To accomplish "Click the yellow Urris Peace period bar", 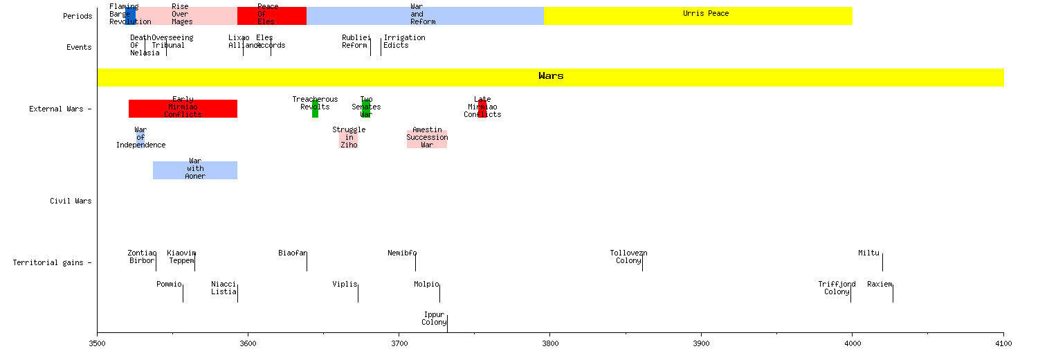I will pyautogui.click(x=698, y=16).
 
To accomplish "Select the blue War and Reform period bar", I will pyautogui.click(x=425, y=16).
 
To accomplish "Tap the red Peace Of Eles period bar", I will pyautogui.click(x=271, y=16).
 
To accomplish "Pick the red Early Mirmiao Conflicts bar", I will pyautogui.click(x=183, y=109).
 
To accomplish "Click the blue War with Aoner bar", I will pyautogui.click(x=195, y=170).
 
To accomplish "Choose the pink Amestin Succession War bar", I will pyautogui.click(x=427, y=138).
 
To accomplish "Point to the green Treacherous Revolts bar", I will pyautogui.click(x=315, y=109).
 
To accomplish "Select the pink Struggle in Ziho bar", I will pyautogui.click(x=349, y=138).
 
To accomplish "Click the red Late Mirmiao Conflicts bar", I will pyautogui.click(x=482, y=109).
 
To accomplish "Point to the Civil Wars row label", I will pyautogui.click(x=71, y=201).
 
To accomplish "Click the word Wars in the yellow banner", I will pyautogui.click(x=551, y=76).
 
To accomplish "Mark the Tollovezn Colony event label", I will pyautogui.click(x=628, y=257).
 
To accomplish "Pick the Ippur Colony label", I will pyautogui.click(x=434, y=318).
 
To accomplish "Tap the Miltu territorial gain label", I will pyautogui.click(x=868, y=253).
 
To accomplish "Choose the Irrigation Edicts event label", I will pyautogui.click(x=404, y=42).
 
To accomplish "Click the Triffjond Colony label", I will pyautogui.click(x=837, y=288).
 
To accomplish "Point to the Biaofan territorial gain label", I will pyautogui.click(x=292, y=253).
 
